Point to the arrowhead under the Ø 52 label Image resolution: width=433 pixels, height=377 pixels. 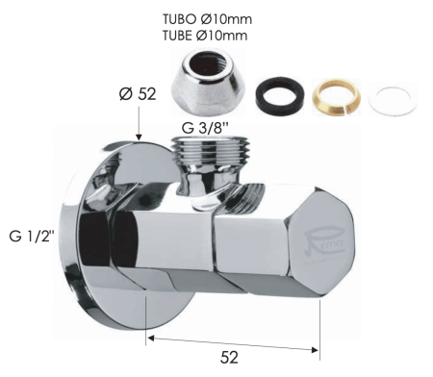(140, 138)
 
